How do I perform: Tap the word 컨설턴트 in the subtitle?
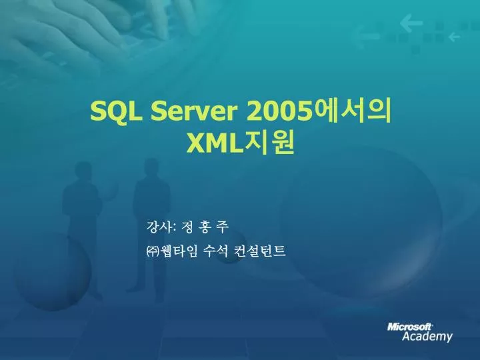[x=260, y=251]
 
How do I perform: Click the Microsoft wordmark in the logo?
[x=409, y=327]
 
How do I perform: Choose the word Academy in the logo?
[x=427, y=337]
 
